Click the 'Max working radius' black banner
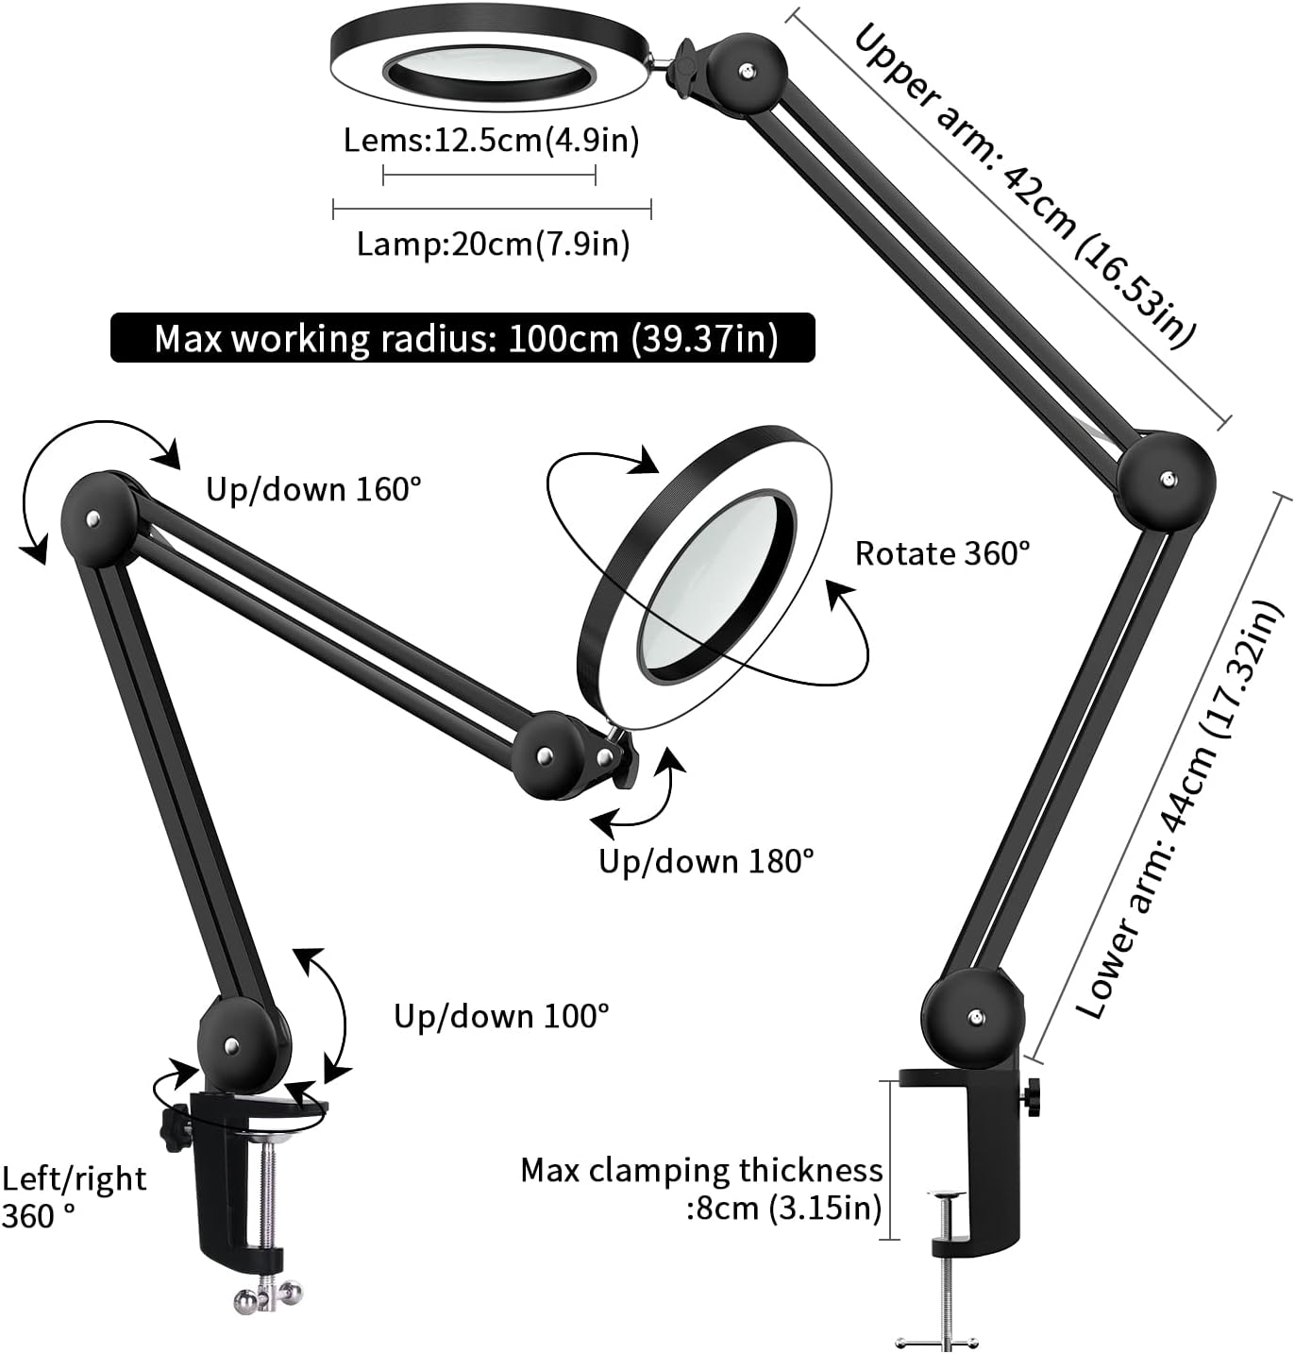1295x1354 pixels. pos(462,338)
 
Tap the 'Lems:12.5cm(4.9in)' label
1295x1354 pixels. pos(491,141)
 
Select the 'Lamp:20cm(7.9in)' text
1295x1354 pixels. pos(493,245)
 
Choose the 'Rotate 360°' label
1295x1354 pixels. pos(942,553)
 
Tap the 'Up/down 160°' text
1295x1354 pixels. pos(313,489)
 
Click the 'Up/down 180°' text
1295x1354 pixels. pos(706,861)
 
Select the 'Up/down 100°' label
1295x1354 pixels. pos(501,1016)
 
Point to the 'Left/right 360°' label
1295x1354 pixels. pos(74,1197)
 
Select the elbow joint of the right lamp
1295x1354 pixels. pos(1166,480)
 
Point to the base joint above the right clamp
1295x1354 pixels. pos(973,1018)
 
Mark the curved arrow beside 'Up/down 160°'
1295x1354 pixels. pos(85,472)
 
